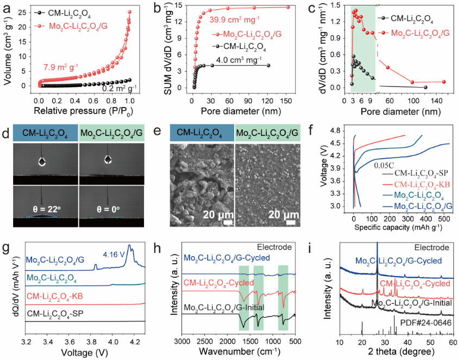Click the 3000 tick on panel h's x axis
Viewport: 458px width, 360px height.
181,342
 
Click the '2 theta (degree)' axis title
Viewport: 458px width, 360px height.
397,352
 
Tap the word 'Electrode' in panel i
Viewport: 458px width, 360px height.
433,247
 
